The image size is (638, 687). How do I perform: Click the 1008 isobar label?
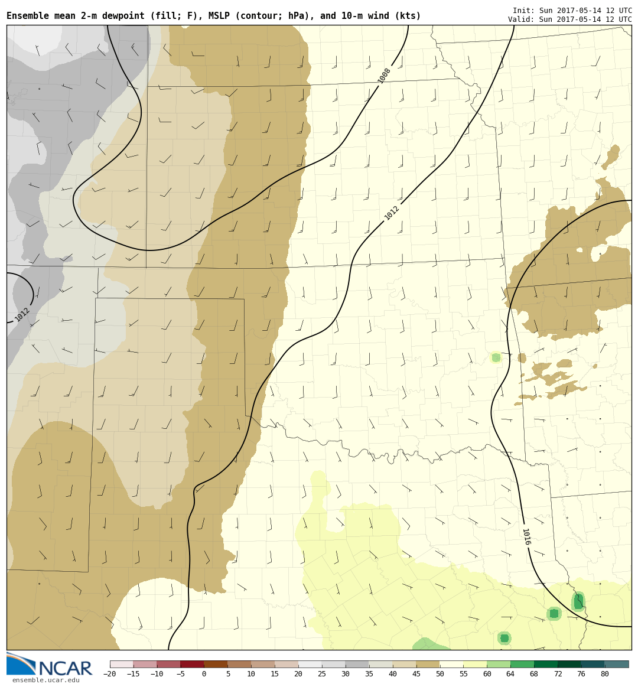click(385, 76)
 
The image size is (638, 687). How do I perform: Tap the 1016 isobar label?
click(526, 536)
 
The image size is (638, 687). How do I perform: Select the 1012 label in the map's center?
click(392, 213)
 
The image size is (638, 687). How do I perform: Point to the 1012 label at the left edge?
click(22, 314)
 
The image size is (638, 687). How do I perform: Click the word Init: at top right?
click(522, 11)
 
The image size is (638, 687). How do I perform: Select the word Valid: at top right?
click(520, 19)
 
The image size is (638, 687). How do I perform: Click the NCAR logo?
click(50, 665)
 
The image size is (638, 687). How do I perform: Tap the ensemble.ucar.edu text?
click(45, 681)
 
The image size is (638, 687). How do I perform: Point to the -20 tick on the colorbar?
click(109, 674)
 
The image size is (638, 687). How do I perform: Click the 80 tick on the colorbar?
click(604, 674)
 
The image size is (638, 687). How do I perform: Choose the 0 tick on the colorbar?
click(204, 674)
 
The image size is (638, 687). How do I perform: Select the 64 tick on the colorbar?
click(510, 674)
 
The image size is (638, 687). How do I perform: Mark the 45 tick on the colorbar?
click(416, 674)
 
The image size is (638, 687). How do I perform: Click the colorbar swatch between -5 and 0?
click(192, 664)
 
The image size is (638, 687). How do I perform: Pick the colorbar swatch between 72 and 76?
click(569, 664)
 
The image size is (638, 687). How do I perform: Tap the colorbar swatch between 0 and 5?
click(216, 664)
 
